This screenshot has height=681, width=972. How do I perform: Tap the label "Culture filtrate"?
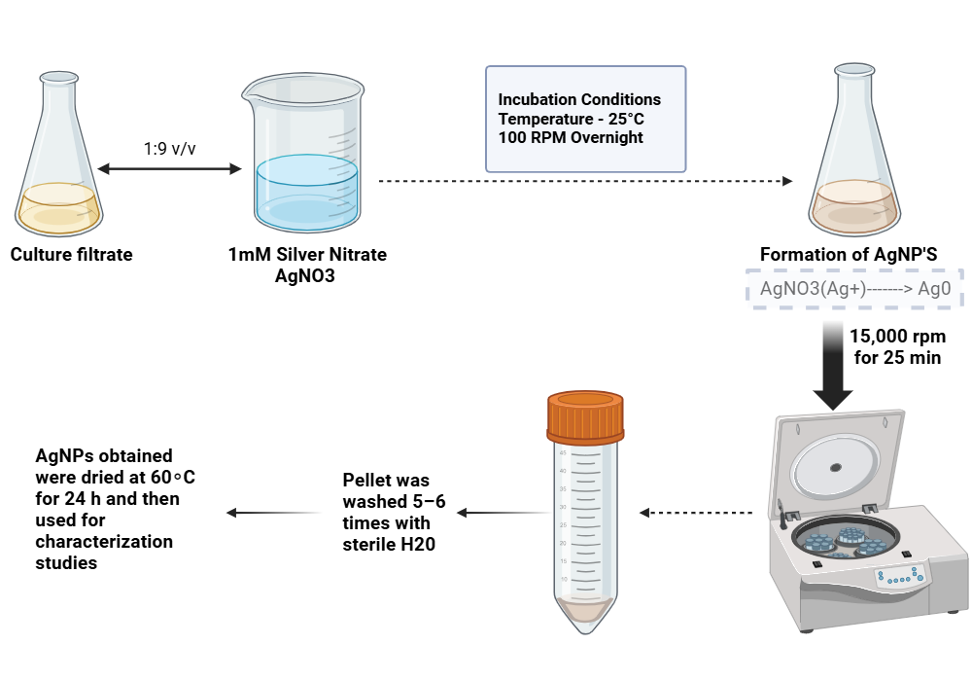coord(71,255)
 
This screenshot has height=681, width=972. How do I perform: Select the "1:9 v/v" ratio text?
coord(169,151)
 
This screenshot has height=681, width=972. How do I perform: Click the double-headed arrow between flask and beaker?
coord(169,170)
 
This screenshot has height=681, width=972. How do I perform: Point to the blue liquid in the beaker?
coord(306,195)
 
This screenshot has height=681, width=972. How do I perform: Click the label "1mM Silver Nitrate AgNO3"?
coord(307,264)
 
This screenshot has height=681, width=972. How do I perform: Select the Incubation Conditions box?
coord(585,119)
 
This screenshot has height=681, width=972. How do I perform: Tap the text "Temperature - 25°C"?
coord(571,119)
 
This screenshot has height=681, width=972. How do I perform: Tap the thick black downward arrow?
coord(834,365)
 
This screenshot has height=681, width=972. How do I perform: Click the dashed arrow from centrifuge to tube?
coord(696,513)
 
